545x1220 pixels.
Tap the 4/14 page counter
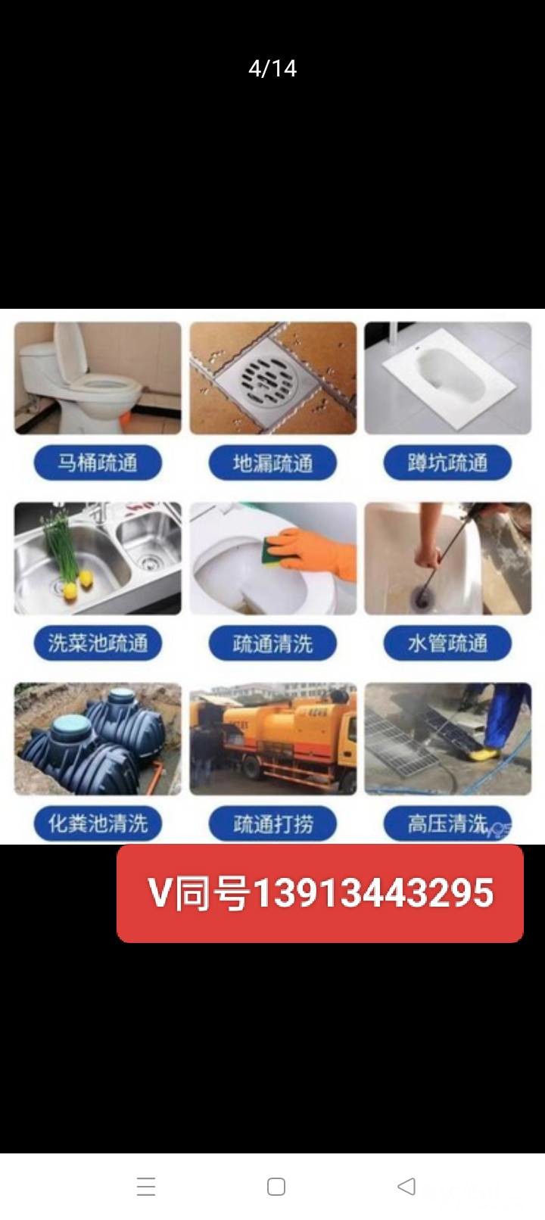tap(272, 69)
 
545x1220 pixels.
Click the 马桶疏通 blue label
tap(98, 463)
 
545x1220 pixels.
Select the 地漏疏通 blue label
tap(272, 463)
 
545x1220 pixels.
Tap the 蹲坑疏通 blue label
tap(447, 463)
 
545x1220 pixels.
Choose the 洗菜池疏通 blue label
tap(98, 643)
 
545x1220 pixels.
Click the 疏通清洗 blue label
tap(272, 643)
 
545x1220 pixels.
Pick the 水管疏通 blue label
tap(447, 643)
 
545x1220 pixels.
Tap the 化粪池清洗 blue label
tap(98, 823)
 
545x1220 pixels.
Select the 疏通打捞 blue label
tap(272, 823)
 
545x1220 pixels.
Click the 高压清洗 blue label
tap(447, 823)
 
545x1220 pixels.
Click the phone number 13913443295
tap(374, 894)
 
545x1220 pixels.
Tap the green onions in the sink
tap(61, 547)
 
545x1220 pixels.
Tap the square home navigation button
tap(276, 1186)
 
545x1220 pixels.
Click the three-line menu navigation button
tap(146, 1186)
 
